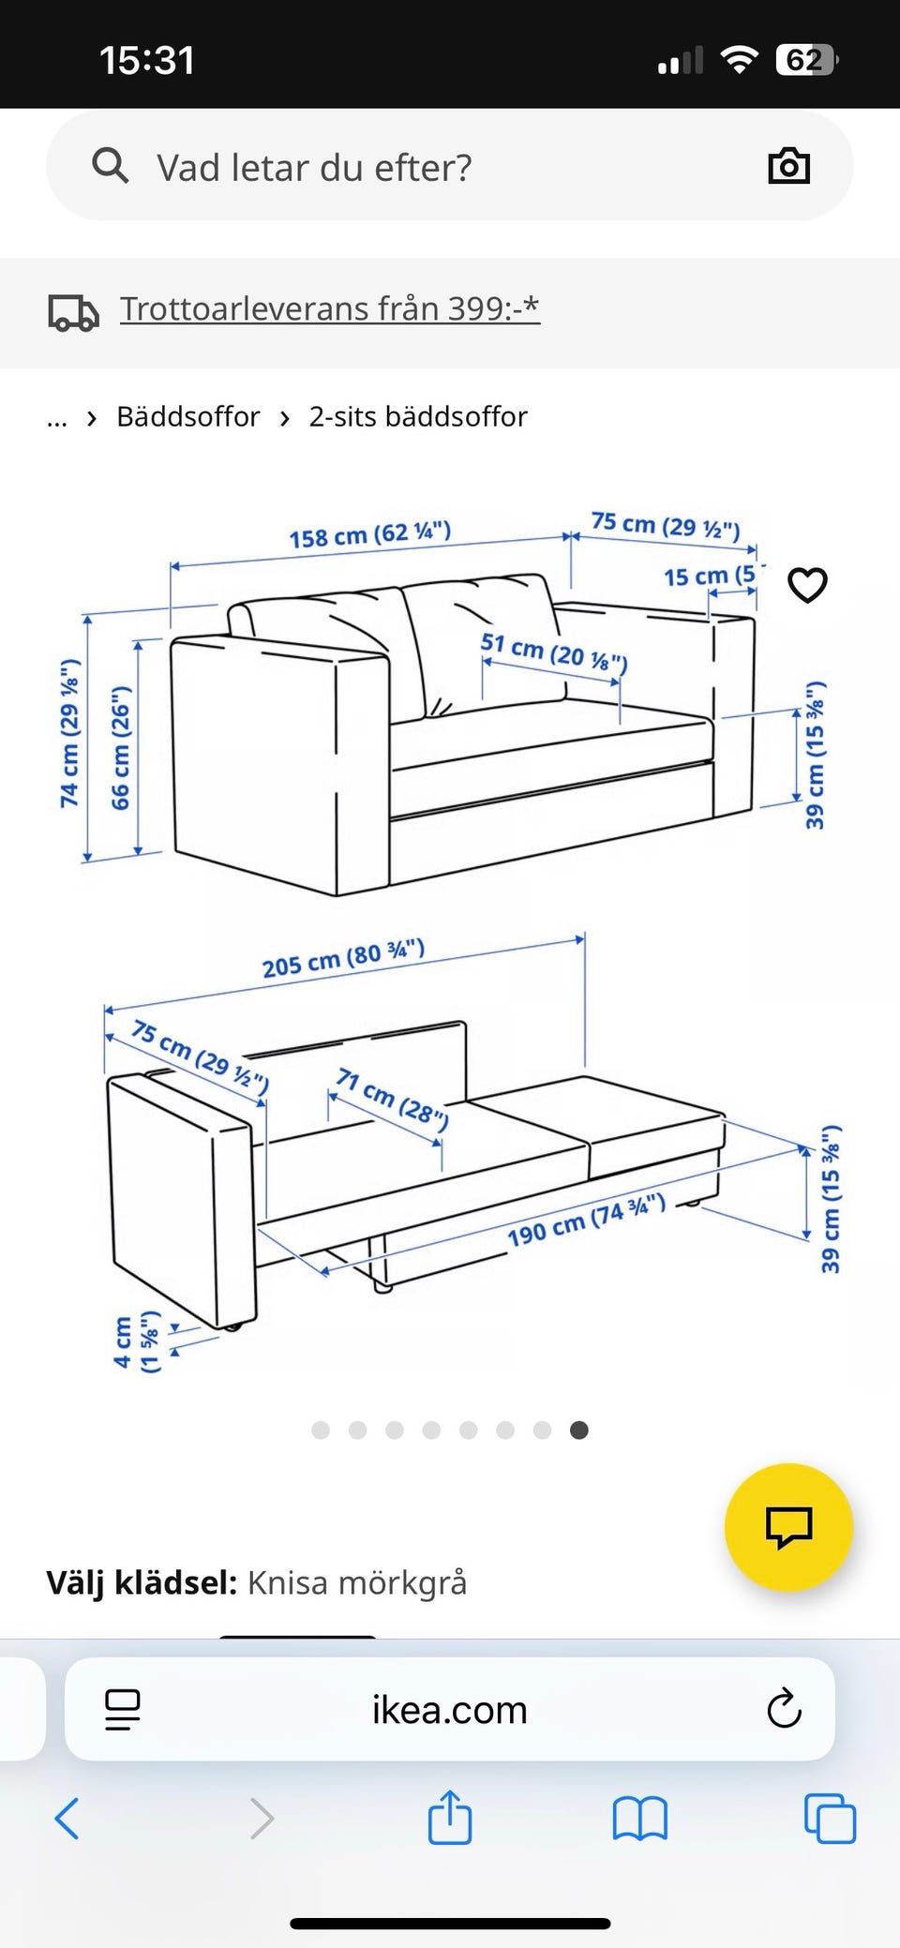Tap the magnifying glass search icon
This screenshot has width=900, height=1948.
(x=110, y=165)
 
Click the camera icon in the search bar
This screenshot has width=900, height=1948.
(x=788, y=166)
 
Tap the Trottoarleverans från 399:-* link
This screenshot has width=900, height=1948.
(x=330, y=308)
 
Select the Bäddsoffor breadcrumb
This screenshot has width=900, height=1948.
(x=187, y=416)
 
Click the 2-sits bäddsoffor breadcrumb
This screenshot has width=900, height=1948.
(x=418, y=416)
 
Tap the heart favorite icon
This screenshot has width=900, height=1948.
(x=807, y=585)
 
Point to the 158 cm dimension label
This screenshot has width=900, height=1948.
(x=370, y=534)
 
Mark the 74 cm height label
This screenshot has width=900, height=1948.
(x=69, y=733)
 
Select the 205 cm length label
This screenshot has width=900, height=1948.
(x=343, y=959)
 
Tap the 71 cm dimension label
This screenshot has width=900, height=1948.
(x=392, y=1097)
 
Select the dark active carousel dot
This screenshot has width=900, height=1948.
(x=579, y=1430)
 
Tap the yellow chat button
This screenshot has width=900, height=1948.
(x=788, y=1527)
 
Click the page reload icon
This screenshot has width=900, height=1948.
(x=784, y=1709)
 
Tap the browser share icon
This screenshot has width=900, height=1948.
(x=450, y=1817)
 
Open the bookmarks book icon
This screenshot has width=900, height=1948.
(x=639, y=1819)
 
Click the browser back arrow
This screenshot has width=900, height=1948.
(x=67, y=1819)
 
